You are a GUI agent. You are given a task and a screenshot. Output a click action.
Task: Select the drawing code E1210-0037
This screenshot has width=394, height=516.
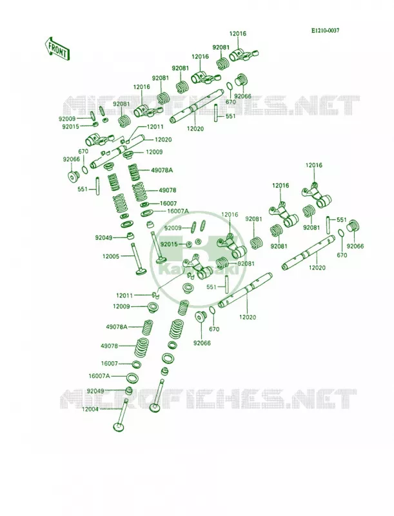[x=325, y=30]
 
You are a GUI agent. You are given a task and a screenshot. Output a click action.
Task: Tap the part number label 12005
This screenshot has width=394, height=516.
[x=111, y=256]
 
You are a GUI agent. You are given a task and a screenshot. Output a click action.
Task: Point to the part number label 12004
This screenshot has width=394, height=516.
[x=91, y=409]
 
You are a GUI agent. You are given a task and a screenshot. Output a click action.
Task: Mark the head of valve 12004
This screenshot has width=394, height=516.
[x=119, y=427]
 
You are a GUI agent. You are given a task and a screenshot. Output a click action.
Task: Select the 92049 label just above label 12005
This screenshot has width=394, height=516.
[x=104, y=237]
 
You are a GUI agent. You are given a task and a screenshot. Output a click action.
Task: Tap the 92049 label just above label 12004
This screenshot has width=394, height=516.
[x=95, y=391]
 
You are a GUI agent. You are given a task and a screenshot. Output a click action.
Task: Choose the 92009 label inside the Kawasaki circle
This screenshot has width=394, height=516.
[x=173, y=228]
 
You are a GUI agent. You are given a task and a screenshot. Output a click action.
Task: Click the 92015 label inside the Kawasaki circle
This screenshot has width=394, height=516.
[x=169, y=244]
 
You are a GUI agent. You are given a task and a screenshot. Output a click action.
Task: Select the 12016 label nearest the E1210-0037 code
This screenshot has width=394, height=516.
[x=238, y=34]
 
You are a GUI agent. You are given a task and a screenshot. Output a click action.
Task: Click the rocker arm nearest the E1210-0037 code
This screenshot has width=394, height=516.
[x=243, y=55]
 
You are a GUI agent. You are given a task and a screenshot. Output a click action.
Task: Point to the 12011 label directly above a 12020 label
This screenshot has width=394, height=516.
[x=155, y=126]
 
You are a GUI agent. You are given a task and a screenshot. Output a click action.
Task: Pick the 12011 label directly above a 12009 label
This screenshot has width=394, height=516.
[x=124, y=295]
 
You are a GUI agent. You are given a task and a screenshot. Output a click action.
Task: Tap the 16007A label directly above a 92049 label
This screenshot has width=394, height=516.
[x=99, y=376]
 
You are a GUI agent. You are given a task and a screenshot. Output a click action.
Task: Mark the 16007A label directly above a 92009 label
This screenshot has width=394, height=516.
[x=178, y=211]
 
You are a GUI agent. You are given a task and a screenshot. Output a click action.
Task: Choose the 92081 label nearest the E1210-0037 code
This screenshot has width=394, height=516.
[x=221, y=47]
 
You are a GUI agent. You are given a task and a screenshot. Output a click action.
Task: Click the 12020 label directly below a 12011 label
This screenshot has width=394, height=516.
[x=163, y=139]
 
